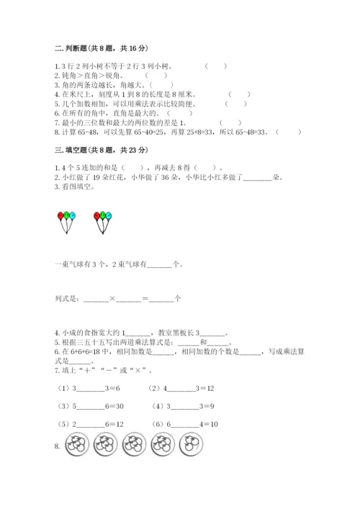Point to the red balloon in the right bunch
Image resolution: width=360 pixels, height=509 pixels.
(97, 215)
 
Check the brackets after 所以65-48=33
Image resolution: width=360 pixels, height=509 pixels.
(289, 132)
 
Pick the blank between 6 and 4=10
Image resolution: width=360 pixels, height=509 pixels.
(186, 425)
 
